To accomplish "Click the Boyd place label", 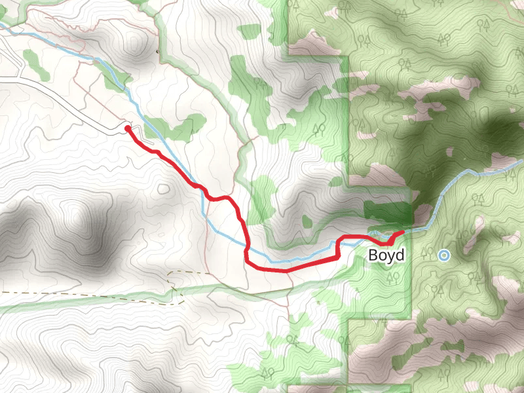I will click(386, 255).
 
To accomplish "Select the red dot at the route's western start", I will click(127, 128).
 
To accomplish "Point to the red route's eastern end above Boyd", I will click(402, 233).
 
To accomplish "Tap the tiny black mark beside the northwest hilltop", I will click(157, 50).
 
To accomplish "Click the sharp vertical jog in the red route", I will click(338, 249).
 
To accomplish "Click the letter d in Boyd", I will click(400, 255).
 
